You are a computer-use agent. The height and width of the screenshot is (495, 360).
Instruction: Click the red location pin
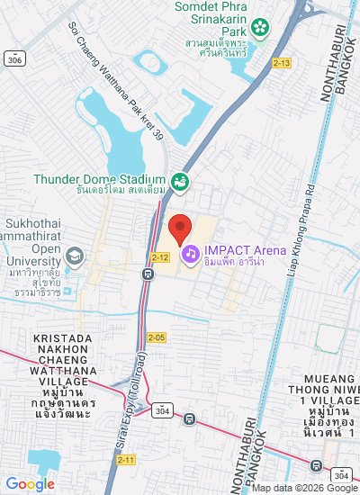click(x=180, y=229)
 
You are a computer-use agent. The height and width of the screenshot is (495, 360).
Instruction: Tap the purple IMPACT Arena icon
click(x=191, y=255)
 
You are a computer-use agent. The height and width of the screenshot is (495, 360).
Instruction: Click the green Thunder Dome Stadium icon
click(x=180, y=182)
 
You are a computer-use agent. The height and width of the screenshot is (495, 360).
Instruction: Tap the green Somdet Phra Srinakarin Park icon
click(x=260, y=28)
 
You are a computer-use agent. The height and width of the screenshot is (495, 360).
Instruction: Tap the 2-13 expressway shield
click(x=282, y=62)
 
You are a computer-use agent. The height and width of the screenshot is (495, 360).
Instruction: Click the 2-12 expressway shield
click(x=160, y=257)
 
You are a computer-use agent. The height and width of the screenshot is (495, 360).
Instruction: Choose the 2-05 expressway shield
click(x=157, y=337)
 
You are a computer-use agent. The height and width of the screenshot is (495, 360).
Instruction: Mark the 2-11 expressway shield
click(x=127, y=460)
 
